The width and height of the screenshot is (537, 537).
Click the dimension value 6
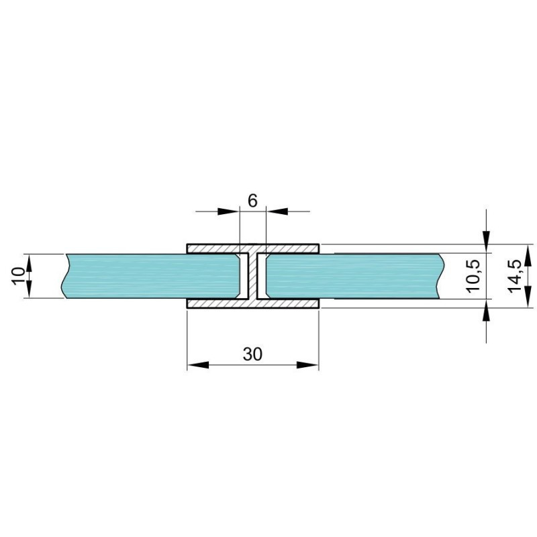[252, 201]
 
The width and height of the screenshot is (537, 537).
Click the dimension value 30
[253, 354]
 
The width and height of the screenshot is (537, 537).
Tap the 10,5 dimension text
[475, 276]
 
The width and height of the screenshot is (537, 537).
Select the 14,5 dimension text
[515, 276]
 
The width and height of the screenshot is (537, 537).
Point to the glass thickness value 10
[18, 276]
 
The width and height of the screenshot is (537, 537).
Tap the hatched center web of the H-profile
[253, 276]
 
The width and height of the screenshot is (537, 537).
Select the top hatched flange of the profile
[253, 248]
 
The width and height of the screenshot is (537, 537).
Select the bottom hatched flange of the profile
[253, 303]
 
